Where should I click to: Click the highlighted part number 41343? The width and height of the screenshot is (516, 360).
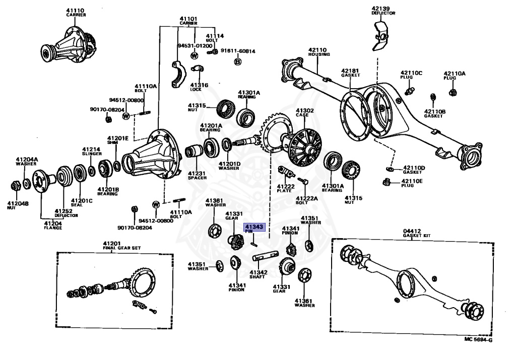pos(254,227)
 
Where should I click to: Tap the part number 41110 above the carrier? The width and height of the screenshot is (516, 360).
pos(76,10)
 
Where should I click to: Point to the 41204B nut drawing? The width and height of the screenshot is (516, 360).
pos(15,185)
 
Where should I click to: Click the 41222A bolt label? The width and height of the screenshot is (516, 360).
pos(307,200)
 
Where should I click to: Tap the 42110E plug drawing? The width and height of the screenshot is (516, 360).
pos(388,181)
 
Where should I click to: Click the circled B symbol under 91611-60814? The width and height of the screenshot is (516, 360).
pos(237,61)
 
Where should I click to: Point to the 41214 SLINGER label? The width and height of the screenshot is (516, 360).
pos(92,151)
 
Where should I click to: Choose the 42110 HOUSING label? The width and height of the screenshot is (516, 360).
pos(319,51)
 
